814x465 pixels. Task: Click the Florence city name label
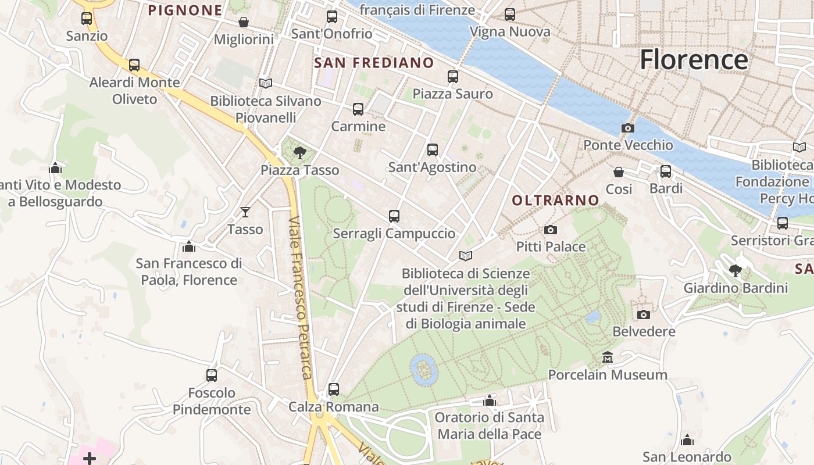coord(694,60)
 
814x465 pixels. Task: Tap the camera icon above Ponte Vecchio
coord(628,128)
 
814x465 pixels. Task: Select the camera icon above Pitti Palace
coord(551,230)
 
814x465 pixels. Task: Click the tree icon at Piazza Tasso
coord(300,153)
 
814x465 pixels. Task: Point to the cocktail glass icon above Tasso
coord(245,212)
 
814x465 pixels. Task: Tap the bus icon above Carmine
coord(358,109)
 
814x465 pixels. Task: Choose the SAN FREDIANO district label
coord(374,63)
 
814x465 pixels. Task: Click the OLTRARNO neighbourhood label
coord(555,201)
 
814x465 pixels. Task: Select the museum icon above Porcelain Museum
coord(608,357)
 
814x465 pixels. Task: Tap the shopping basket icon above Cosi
coord(619,172)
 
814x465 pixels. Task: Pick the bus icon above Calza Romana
coord(334,389)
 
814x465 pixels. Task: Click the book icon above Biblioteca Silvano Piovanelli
coord(266,84)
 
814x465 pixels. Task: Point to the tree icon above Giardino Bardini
coord(736,270)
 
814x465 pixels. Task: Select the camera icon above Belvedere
coord(644,314)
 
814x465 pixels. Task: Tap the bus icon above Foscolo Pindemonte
coord(212,375)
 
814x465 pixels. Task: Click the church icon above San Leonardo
coord(687,440)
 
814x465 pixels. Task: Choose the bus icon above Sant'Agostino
coord(433,150)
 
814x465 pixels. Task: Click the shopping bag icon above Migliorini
coord(244,22)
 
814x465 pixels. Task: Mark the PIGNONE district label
coord(185,10)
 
